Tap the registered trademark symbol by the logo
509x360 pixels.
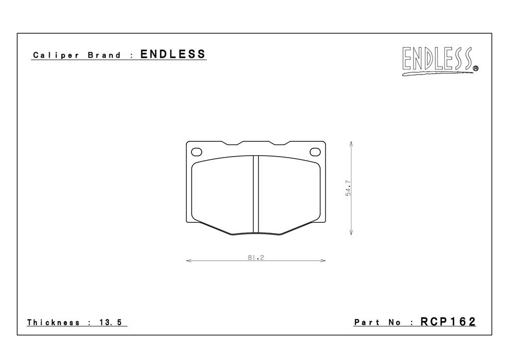click(476, 69)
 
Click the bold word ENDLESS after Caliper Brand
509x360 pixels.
click(173, 54)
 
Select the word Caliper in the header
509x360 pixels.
click(56, 55)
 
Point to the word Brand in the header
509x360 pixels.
click(104, 55)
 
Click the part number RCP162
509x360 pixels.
click(448, 321)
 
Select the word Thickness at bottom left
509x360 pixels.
click(53, 322)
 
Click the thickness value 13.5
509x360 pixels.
click(110, 322)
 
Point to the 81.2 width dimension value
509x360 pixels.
click(256, 258)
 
